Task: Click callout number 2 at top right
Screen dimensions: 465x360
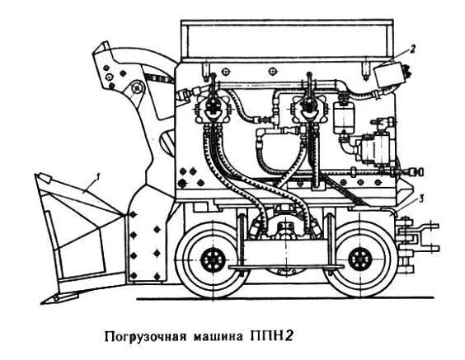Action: (x=413, y=49)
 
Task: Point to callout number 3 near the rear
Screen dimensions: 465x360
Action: (x=421, y=199)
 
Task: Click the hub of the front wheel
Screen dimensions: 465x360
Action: (x=213, y=260)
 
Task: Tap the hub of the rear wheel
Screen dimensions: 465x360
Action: (x=360, y=259)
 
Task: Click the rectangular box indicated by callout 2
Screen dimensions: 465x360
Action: (x=391, y=75)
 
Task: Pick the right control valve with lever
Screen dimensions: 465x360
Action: (x=309, y=108)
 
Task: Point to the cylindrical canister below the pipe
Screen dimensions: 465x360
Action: (x=344, y=118)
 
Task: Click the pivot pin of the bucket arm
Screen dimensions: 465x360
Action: (x=138, y=88)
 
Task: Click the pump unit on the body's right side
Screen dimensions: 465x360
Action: (x=377, y=147)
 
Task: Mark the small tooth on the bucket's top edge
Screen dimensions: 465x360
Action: (x=45, y=177)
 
